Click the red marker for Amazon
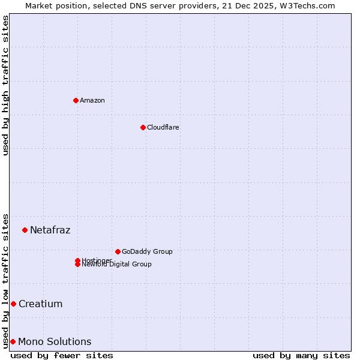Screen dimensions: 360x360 point(76,100)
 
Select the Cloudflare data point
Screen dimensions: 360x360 point(143,127)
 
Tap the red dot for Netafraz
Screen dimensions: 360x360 point(25,230)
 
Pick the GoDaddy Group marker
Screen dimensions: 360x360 point(118,251)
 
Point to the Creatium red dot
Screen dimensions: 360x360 point(13,304)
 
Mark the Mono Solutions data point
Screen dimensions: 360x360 point(13,341)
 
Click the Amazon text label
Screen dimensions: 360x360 point(92,100)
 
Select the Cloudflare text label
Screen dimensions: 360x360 point(163,127)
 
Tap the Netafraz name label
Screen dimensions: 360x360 point(50,230)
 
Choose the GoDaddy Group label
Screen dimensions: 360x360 point(147,251)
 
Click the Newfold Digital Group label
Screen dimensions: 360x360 point(117,265)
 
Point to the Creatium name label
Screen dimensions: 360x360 point(41,304)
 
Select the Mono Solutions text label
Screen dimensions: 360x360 point(55,341)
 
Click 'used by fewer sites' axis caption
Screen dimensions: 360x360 point(62,355)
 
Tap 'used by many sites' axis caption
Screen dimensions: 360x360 point(301,355)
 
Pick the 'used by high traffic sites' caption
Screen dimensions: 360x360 point(6,85)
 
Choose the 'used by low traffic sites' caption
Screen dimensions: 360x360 point(6,280)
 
